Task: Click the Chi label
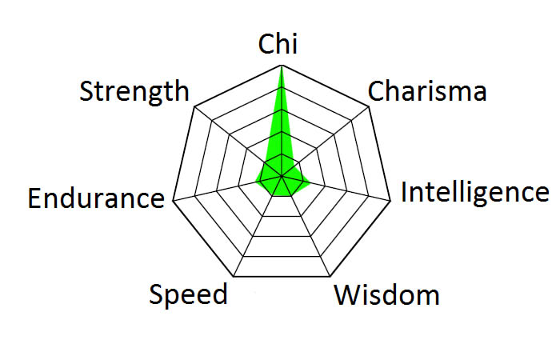tap(278, 45)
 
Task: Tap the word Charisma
tap(426, 91)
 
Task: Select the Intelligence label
tap(474, 193)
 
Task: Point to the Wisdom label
tap(386, 295)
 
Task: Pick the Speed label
tap(189, 294)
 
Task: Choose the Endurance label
tap(95, 198)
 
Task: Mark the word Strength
tap(134, 91)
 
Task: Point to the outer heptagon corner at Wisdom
tap(329, 277)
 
